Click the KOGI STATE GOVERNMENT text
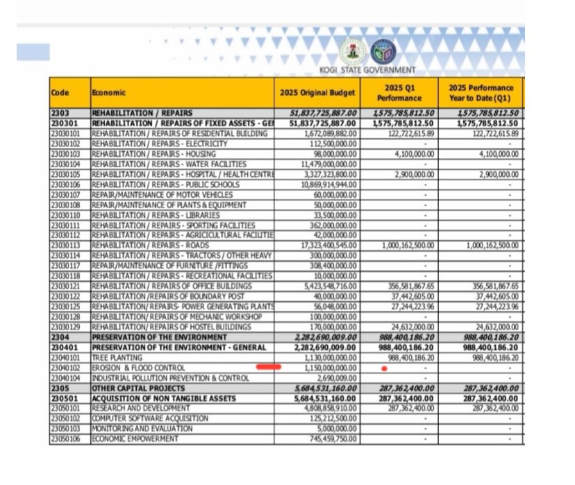coord(367,69)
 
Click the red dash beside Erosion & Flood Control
coord(268,366)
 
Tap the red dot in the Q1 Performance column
coord(384,368)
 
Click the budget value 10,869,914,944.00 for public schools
coord(326,185)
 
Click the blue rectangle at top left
coord(33,51)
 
